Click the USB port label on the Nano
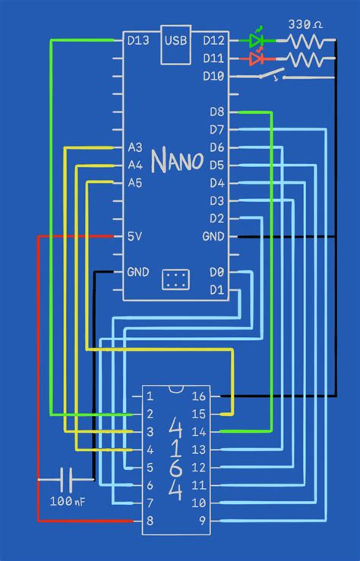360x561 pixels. click(x=175, y=39)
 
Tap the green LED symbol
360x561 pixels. click(x=257, y=39)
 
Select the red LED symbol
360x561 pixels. click(x=257, y=58)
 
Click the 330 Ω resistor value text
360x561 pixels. click(x=305, y=24)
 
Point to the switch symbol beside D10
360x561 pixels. click(x=271, y=76)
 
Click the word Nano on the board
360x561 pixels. click(x=177, y=161)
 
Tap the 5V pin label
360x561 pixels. click(x=134, y=237)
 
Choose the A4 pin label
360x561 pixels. click(x=135, y=165)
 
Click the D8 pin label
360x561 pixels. click(x=216, y=112)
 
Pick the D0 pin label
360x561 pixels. click(x=216, y=272)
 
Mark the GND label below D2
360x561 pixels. click(x=213, y=237)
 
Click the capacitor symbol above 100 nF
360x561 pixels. click(x=68, y=480)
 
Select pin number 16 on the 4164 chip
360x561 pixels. click(x=198, y=396)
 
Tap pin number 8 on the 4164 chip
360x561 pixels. click(x=150, y=522)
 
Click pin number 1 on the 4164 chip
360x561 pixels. click(x=150, y=396)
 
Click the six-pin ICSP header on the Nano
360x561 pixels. click(x=175, y=279)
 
